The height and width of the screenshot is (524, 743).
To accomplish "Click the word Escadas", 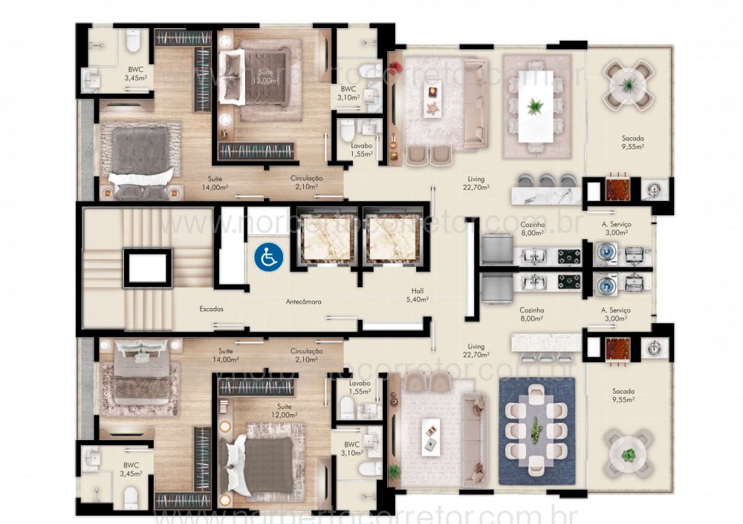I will pyautogui.click(x=212, y=308).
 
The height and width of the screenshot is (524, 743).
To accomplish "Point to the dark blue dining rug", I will pyautogui.click(x=536, y=430).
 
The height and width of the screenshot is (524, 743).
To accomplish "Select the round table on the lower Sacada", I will pyautogui.click(x=629, y=454).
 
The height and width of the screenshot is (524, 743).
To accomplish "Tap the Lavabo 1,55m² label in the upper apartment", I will pyautogui.click(x=361, y=150).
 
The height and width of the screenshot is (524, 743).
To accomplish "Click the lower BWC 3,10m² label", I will pyautogui.click(x=350, y=448).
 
